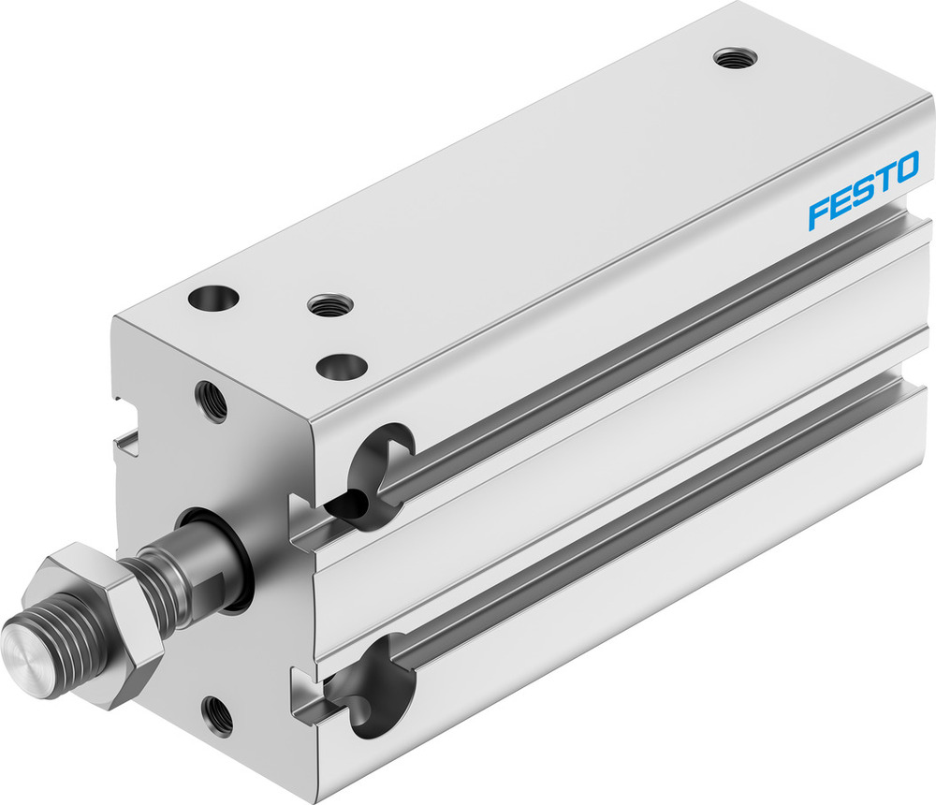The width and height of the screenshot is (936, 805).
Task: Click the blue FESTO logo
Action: click(x=863, y=194)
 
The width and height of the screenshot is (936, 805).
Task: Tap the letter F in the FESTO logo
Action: click(x=818, y=215)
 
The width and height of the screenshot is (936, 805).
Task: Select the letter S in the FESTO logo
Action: click(x=862, y=195)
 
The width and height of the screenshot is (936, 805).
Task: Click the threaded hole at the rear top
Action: click(x=735, y=58)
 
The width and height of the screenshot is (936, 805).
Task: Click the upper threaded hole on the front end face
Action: click(x=211, y=401)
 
